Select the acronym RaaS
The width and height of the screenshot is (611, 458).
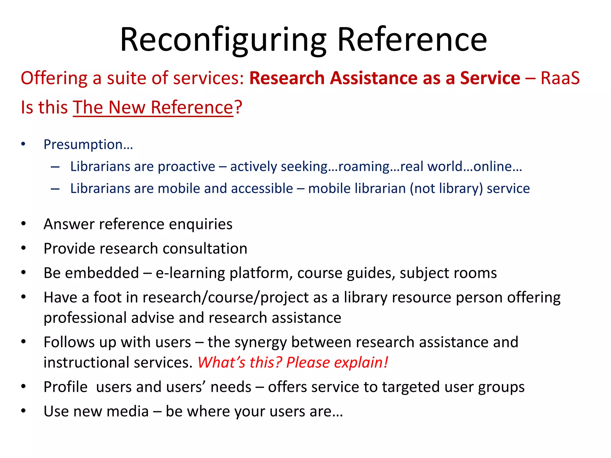tap(560, 78)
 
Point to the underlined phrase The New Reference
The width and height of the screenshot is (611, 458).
tap(153, 107)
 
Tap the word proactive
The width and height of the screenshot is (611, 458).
tap(186, 166)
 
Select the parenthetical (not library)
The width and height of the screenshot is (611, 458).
tap(446, 189)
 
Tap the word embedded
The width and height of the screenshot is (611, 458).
tap(102, 273)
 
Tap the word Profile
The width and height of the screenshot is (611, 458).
tap(66, 387)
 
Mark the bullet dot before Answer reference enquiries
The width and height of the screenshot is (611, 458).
tap(24, 224)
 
